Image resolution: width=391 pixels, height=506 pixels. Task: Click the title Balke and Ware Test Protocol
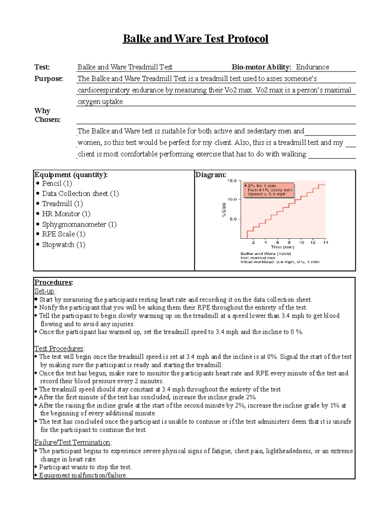(x=195, y=39)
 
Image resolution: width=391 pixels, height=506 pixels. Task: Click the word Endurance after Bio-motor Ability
(x=312, y=67)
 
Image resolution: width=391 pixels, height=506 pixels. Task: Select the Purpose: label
(x=49, y=79)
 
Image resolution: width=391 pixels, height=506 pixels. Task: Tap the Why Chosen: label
(x=47, y=115)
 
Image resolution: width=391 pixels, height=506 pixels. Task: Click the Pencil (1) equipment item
(x=57, y=183)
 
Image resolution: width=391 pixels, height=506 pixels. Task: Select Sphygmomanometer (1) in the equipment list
(x=79, y=224)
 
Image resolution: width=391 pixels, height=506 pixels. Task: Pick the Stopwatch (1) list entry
(x=64, y=244)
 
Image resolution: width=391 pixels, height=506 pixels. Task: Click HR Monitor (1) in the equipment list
(x=66, y=214)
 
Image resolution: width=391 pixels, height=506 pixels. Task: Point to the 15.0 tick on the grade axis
(x=232, y=181)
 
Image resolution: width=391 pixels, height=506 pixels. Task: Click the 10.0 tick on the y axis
(x=232, y=199)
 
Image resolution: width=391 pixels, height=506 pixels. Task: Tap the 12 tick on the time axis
(x=313, y=242)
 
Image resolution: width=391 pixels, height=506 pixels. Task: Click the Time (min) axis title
(x=282, y=247)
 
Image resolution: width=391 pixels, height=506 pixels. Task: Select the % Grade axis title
(x=224, y=210)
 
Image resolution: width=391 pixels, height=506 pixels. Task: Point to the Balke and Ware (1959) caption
(x=266, y=253)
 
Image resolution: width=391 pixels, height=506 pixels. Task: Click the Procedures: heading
(x=54, y=282)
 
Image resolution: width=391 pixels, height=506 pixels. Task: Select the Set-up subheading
(x=45, y=291)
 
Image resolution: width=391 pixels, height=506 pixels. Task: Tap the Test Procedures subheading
(x=59, y=349)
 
